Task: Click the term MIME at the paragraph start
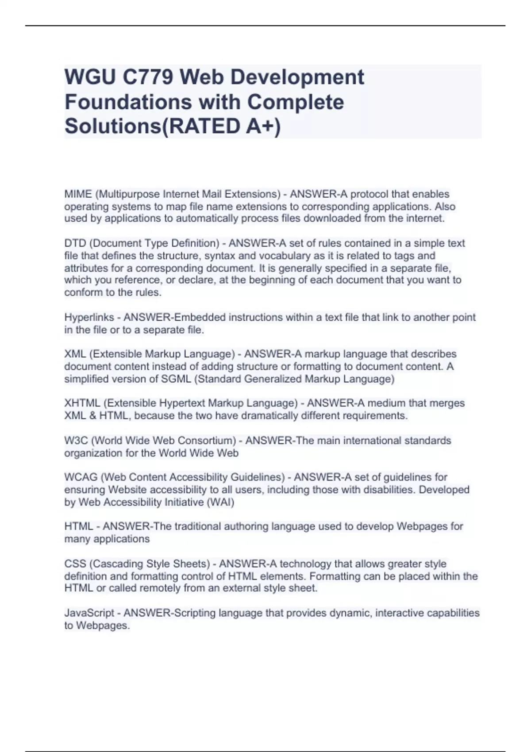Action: click(x=78, y=194)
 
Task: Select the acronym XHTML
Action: click(x=82, y=403)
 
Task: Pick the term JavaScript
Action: click(x=89, y=613)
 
